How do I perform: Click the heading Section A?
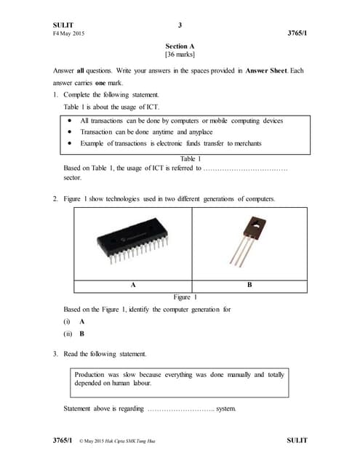pyautogui.click(x=180, y=46)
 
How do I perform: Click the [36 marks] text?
pyautogui.click(x=180, y=55)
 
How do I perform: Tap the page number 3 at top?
pyautogui.click(x=180, y=25)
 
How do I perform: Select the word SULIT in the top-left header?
pyautogui.click(x=64, y=25)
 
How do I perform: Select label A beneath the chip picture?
pyautogui.click(x=133, y=286)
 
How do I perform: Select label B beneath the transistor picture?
pyautogui.click(x=249, y=286)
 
